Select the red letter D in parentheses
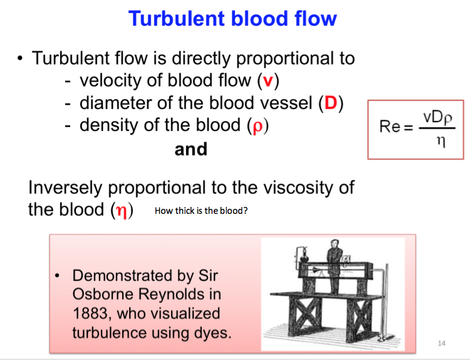click(331, 103)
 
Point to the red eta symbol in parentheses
click(122, 209)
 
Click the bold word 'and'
click(191, 149)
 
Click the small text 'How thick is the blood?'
click(201, 211)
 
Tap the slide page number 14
click(442, 343)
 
